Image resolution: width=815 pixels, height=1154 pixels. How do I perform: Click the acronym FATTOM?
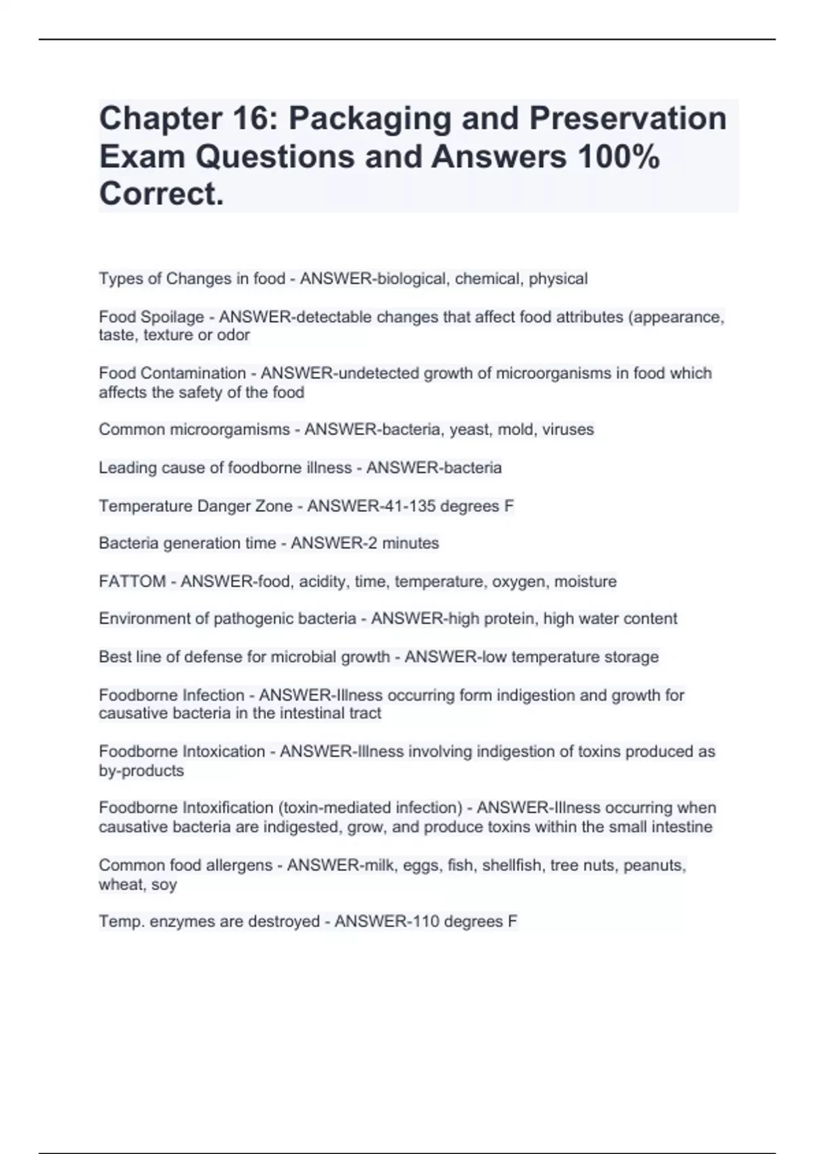point(132,582)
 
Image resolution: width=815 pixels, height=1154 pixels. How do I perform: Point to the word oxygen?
point(520,582)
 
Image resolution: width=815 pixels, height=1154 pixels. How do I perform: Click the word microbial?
point(300,657)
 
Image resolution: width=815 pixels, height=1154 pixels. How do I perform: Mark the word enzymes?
point(177,922)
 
